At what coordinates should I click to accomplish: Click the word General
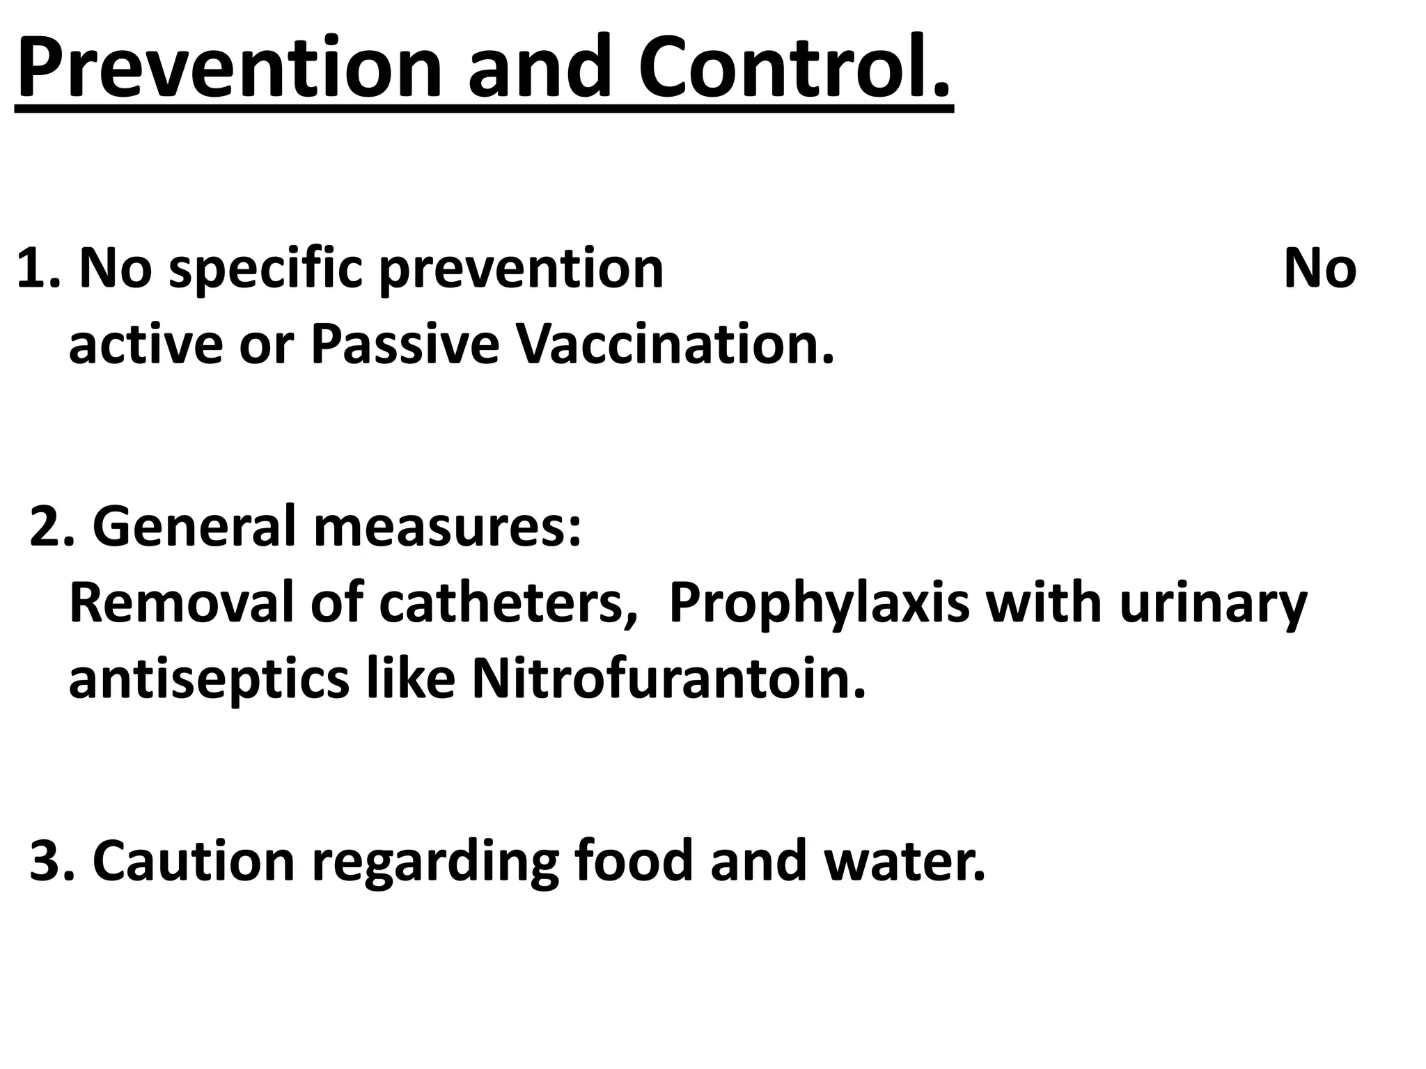pyautogui.click(x=194, y=527)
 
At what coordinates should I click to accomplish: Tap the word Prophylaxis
pyautogui.click(x=819, y=604)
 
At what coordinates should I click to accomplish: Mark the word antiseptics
pyautogui.click(x=209, y=680)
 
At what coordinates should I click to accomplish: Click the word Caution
pyautogui.click(x=194, y=862)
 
